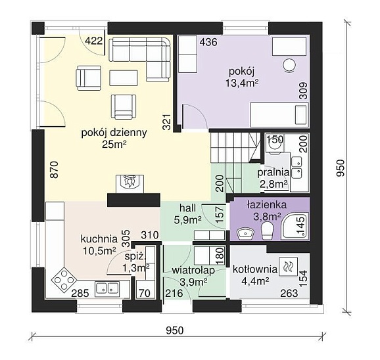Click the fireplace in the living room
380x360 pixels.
coord(130,184)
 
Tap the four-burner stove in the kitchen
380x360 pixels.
coord(64,280)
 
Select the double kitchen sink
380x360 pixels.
coord(107,289)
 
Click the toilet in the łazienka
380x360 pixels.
coord(268,231)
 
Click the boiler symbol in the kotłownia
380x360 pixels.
coord(288,267)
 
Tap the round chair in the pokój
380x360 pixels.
coord(289,66)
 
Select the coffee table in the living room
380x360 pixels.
coord(124,78)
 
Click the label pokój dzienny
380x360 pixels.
coord(114,133)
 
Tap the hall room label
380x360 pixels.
coord(187,208)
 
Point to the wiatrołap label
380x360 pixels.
coord(193,270)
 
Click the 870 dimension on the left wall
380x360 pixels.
coord(55,169)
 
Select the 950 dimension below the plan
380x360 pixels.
coord(175,330)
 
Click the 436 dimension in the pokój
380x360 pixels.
coord(208,42)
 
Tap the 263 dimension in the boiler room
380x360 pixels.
coord(289,294)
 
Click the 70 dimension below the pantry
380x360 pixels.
coord(145,294)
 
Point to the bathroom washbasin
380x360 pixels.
coord(245,234)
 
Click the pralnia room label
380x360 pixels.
coord(273,173)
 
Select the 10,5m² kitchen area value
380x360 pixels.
coord(99,251)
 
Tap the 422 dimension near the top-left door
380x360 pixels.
coord(94,41)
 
